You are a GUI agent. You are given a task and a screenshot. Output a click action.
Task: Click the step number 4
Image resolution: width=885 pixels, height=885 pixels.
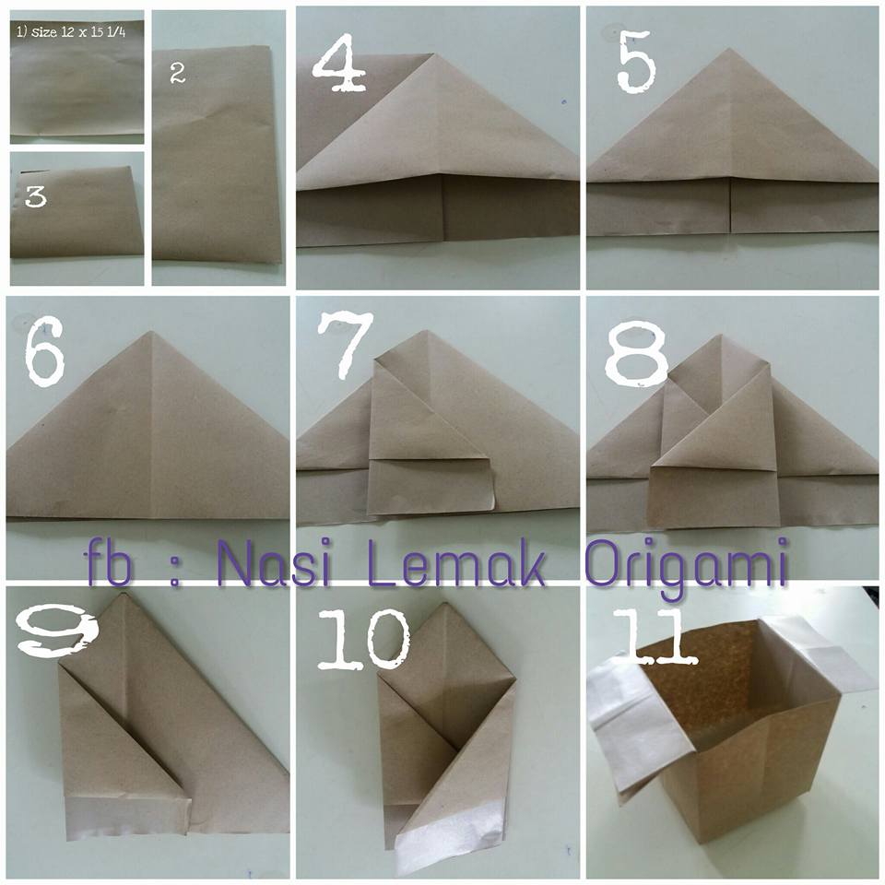[340, 64]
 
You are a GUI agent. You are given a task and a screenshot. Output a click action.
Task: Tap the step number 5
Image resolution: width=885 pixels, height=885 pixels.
[637, 62]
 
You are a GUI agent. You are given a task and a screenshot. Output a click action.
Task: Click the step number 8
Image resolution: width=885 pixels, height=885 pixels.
[637, 353]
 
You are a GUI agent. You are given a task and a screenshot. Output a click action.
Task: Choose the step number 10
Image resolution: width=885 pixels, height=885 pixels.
[364, 638]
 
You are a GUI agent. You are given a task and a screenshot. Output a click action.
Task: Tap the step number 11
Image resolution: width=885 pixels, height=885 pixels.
[655, 635]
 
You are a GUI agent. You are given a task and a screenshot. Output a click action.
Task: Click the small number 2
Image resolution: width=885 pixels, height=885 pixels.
[177, 74]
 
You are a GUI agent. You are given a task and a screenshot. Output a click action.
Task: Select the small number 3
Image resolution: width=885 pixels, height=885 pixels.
[35, 197]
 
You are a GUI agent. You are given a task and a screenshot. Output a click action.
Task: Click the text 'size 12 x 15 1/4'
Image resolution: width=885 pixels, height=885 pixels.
[78, 31]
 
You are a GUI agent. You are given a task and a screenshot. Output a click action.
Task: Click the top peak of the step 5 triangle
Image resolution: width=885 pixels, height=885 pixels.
[728, 49]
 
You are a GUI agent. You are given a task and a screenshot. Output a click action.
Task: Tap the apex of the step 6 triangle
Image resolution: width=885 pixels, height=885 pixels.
[150, 331]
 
